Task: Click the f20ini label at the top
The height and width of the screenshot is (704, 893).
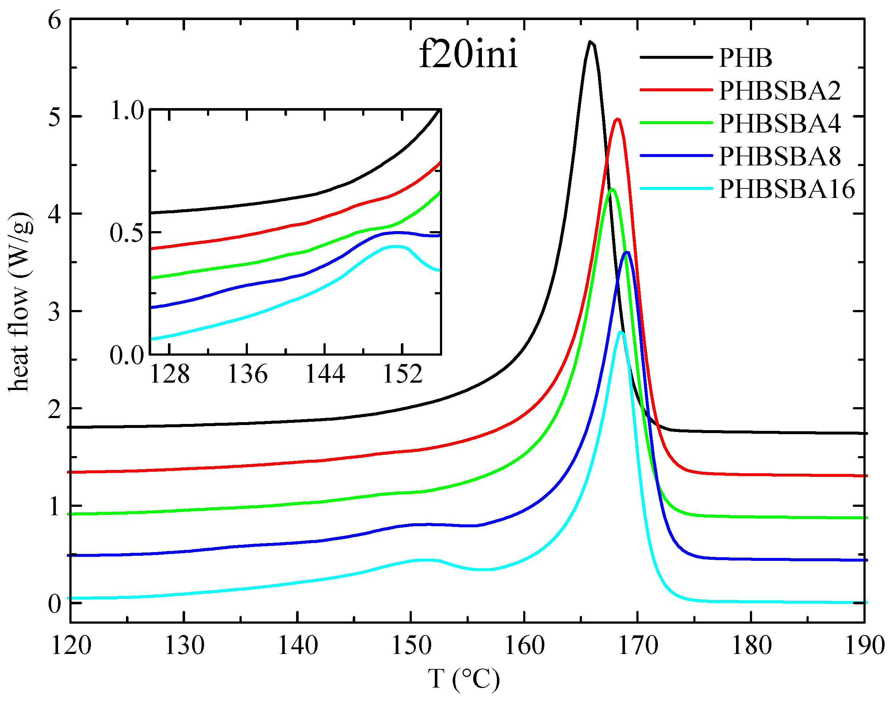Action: (468, 56)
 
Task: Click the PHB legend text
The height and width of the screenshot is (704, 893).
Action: (745, 58)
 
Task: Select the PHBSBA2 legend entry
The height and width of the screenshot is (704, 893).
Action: (779, 91)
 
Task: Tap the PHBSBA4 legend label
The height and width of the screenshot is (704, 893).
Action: (779, 123)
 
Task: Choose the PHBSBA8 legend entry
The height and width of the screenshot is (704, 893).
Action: (779, 156)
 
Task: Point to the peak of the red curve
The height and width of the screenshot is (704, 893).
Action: (617, 119)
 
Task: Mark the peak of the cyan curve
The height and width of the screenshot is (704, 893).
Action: (621, 332)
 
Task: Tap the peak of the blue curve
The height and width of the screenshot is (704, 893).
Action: (627, 252)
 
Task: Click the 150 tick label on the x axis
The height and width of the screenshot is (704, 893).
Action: (411, 646)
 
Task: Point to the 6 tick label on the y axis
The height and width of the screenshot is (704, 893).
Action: (54, 20)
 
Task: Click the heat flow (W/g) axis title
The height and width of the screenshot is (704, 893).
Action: (20, 302)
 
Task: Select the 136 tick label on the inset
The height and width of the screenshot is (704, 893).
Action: (247, 375)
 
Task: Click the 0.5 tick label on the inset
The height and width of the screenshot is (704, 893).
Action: (127, 233)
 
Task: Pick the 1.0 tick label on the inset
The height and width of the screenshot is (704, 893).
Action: (127, 111)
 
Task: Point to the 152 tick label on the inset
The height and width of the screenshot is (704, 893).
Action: (403, 375)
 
